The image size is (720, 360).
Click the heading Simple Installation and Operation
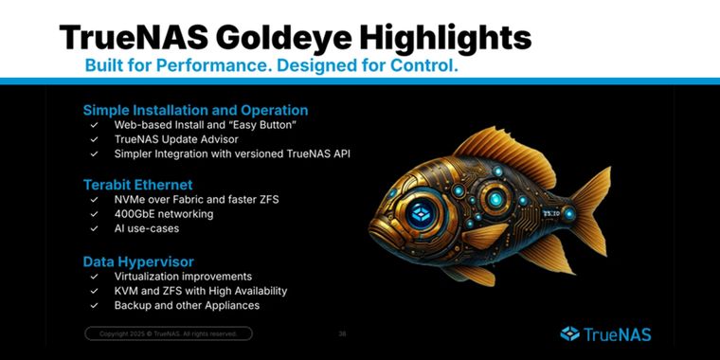point(195,110)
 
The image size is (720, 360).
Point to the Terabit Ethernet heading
point(137,185)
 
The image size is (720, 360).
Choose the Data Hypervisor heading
point(138,260)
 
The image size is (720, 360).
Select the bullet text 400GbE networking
point(163,214)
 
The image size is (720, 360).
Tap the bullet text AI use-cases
point(149,228)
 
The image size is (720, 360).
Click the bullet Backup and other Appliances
point(187,305)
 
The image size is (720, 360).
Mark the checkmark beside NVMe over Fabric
point(94,200)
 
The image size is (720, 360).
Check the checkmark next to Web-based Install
point(94,125)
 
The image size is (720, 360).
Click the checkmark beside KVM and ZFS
point(94,291)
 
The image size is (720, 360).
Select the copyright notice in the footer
point(168,333)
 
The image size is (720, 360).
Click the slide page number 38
point(342,333)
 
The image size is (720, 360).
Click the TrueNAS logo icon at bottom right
point(569,333)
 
